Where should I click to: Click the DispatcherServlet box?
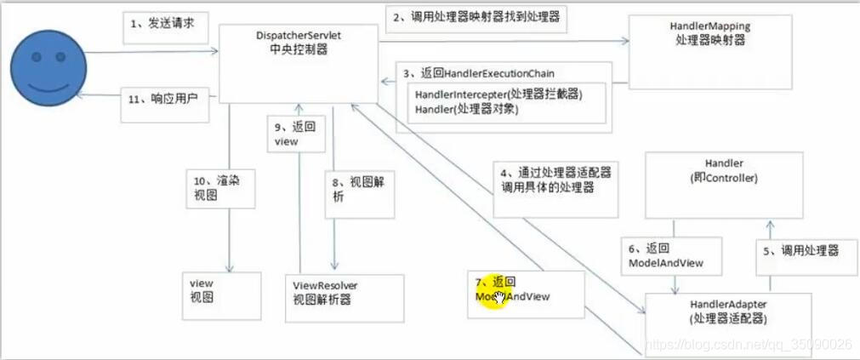[x=299, y=64]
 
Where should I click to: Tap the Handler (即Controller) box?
[x=724, y=184]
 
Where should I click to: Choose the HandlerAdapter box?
[x=729, y=316]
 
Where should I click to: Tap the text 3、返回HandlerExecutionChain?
[x=478, y=73]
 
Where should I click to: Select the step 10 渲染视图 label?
[x=219, y=188]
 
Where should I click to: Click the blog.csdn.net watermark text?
[x=749, y=345]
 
